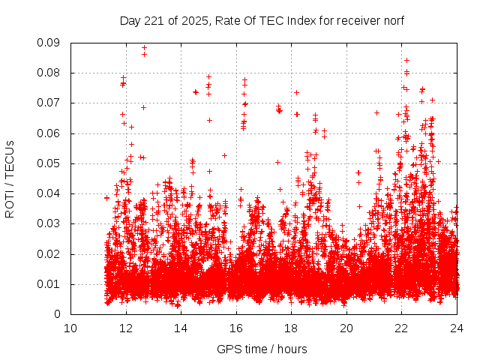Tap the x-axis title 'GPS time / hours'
tap(262, 349)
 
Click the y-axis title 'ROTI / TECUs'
tap(10, 178)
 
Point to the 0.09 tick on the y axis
tap(49, 43)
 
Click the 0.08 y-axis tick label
tap(49, 73)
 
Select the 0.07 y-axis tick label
tap(49, 103)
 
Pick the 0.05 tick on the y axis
tap(49, 163)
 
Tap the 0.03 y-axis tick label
tap(49, 223)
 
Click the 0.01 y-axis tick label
tap(49, 283)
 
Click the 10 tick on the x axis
tap(70, 328)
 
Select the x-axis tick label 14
tap(181, 328)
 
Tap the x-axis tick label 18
tap(291, 328)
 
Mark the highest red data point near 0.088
tap(144, 48)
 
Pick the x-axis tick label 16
tap(236, 328)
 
